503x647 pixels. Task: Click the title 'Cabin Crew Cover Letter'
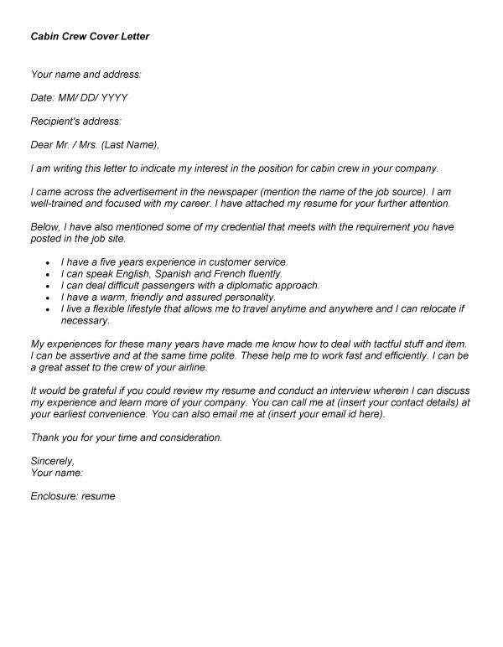click(x=90, y=37)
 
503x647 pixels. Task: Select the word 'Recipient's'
click(x=58, y=121)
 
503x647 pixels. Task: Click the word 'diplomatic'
click(x=252, y=286)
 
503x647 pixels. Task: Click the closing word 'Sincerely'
click(x=52, y=461)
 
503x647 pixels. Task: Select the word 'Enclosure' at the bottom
click(x=54, y=496)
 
